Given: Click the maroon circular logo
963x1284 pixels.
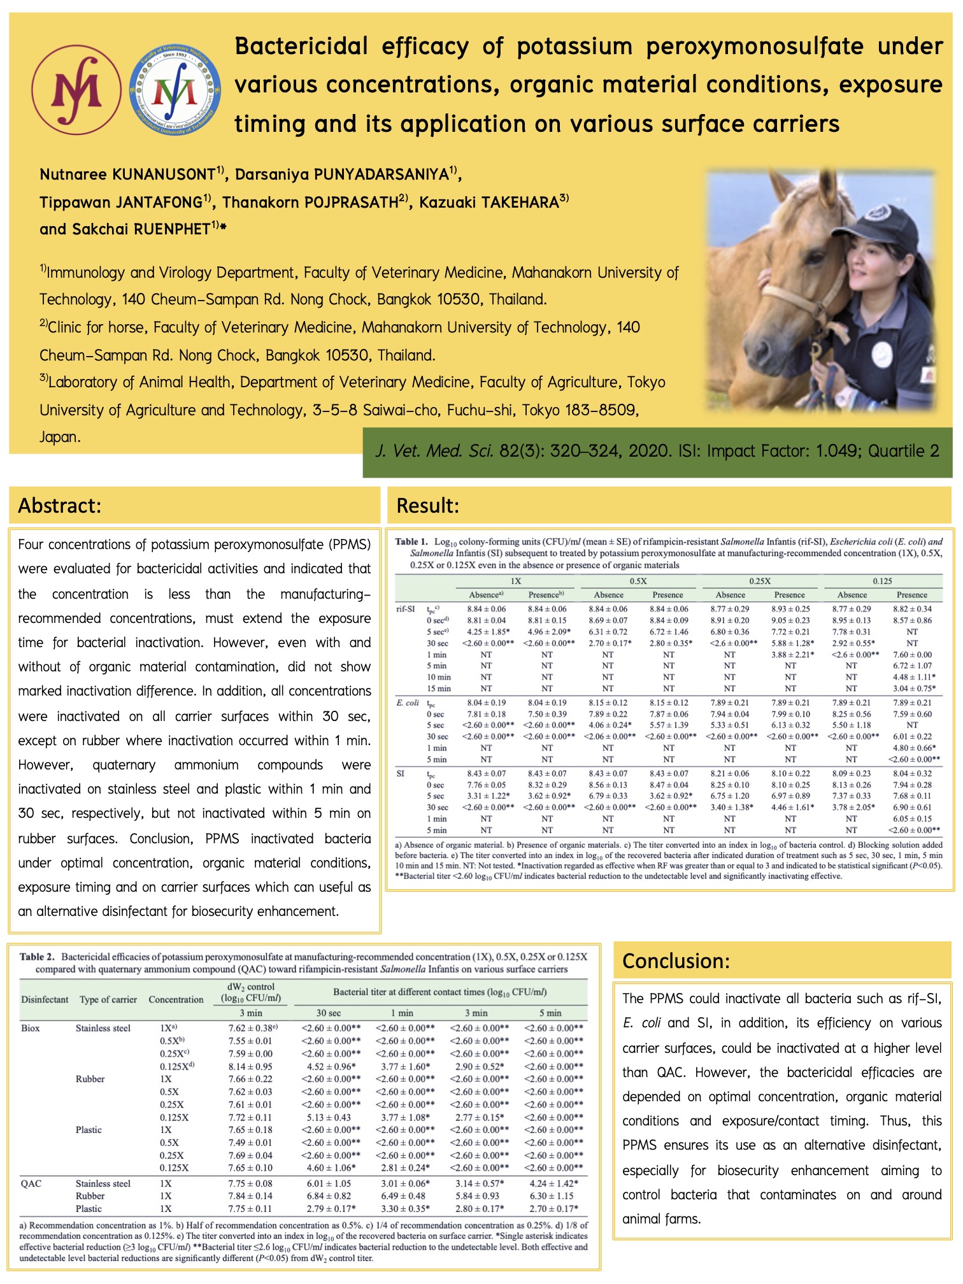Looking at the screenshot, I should pos(76,90).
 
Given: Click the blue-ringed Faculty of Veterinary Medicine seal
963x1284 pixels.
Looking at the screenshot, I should pos(175,90).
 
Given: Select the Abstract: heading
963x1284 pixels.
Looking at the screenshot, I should pos(60,506).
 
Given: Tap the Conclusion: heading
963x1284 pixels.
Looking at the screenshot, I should pos(676,960).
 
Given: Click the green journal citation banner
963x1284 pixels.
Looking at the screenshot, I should pos(657,452).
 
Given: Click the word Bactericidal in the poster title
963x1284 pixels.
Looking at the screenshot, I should pos(301,46).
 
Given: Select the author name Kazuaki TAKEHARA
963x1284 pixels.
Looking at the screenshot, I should pos(489,203).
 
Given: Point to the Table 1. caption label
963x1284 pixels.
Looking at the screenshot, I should pos(411,542).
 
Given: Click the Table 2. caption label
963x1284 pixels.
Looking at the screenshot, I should pos(37,957).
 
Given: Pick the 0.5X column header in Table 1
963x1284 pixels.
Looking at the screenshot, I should pos(638,581).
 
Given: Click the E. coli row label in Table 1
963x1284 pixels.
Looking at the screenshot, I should pos(408,703).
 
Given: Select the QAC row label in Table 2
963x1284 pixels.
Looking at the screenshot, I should pos(31,1183).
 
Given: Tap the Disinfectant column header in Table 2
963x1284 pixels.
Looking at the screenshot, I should pos(45,999).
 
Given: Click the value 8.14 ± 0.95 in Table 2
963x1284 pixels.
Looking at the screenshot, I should pos(250,1066).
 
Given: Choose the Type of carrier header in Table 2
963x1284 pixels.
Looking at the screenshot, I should pos(108,999).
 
